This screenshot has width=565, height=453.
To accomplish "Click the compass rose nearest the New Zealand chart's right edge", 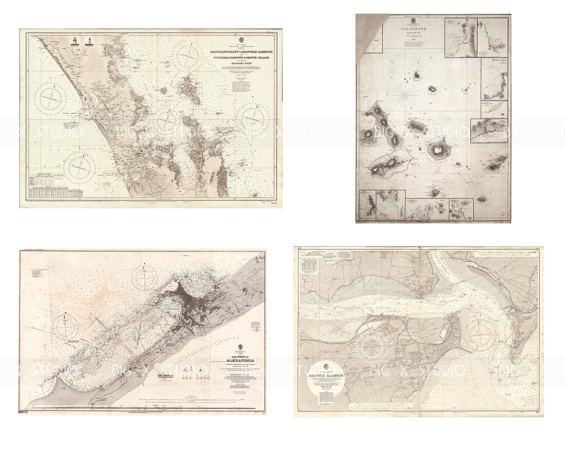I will point(254,117).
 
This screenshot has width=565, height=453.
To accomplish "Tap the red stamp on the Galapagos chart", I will point(502,214).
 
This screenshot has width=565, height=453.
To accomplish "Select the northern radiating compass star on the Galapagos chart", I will point(405,95).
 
